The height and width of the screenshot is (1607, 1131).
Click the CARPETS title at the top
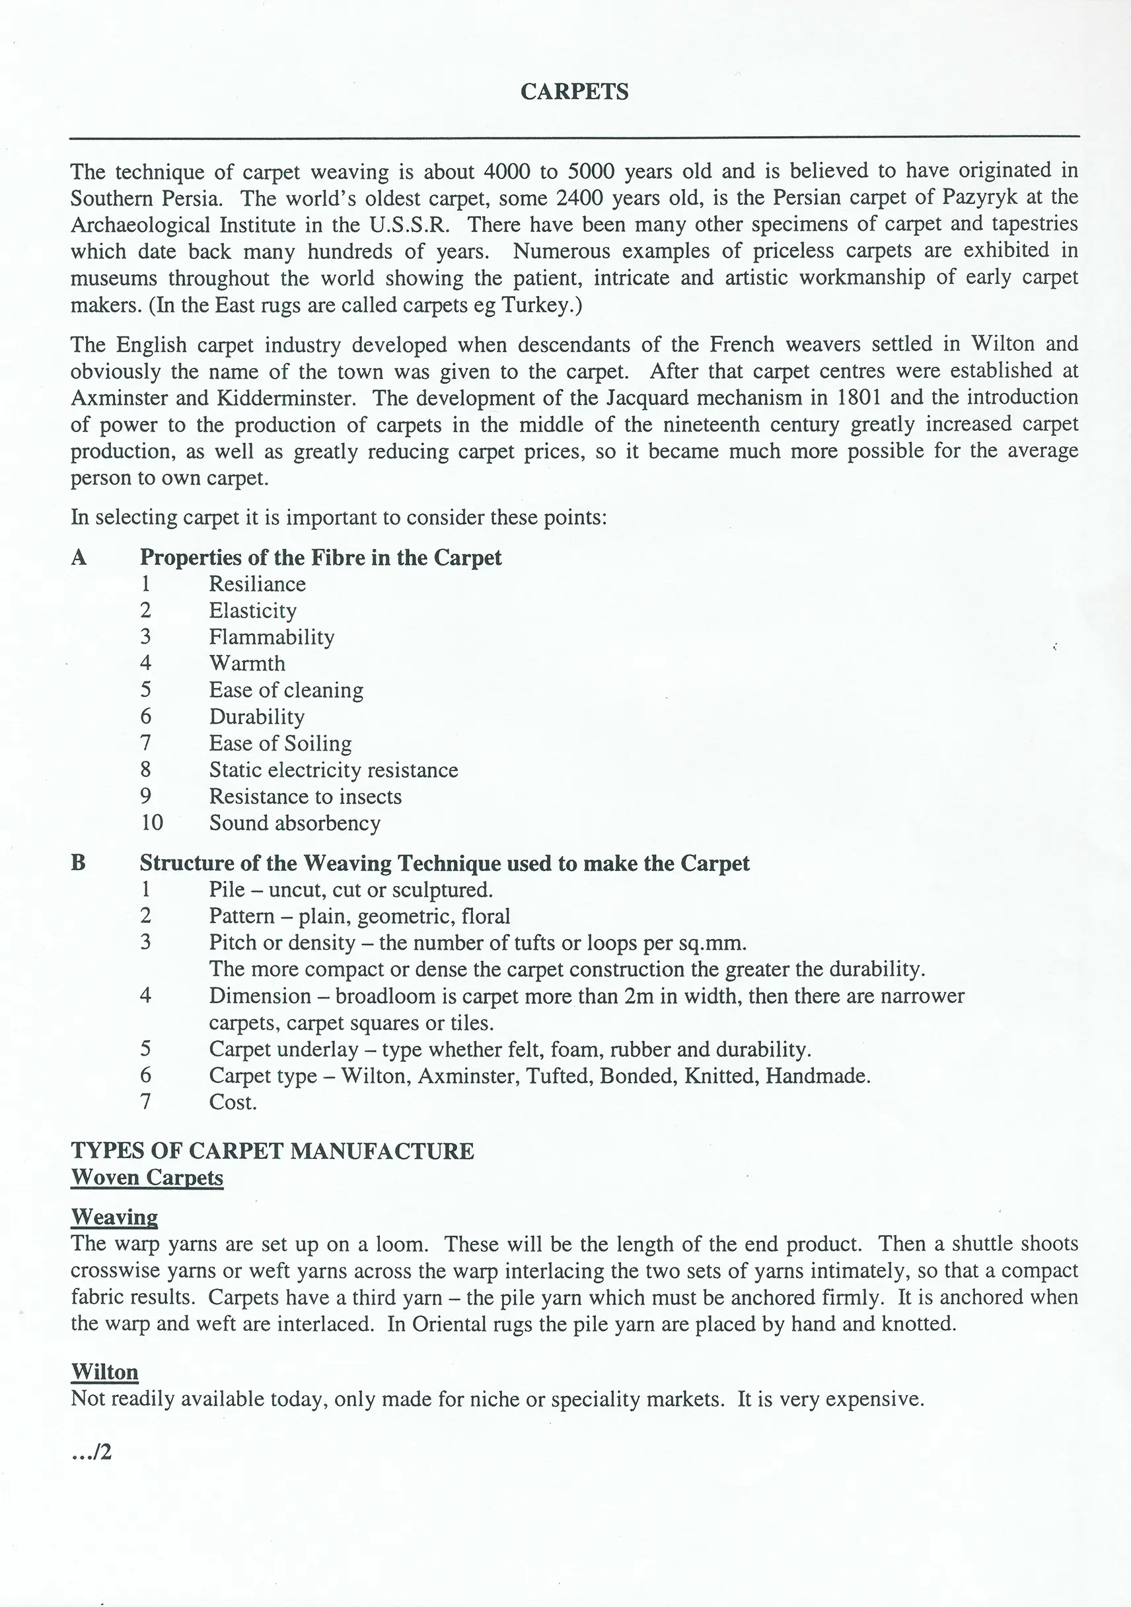574,92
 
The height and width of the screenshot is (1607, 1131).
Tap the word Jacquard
651,397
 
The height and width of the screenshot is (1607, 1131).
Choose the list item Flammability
272,637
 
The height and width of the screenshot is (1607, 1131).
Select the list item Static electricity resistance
333,770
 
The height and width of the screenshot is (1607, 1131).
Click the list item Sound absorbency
295,823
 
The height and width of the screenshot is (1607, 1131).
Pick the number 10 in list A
152,823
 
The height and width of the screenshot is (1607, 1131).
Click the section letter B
79,863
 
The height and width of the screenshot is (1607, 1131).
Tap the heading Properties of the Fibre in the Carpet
320,557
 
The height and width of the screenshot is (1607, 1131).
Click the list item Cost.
233,1102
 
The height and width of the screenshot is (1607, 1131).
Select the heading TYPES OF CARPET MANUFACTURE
272,1150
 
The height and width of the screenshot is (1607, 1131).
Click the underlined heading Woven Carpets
147,1177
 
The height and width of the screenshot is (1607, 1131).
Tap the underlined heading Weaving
114,1217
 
